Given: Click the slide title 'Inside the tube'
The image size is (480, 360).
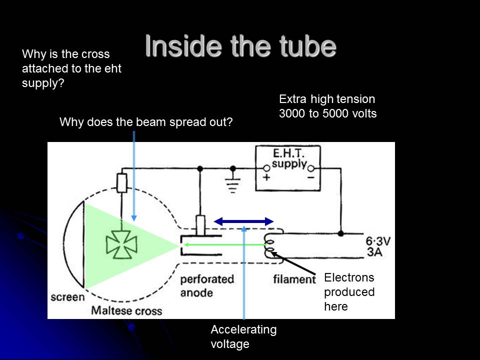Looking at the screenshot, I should point(240,46).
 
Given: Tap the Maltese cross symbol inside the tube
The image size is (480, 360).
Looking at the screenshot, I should point(118,244).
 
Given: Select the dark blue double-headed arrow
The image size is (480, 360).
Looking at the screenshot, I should point(243,221).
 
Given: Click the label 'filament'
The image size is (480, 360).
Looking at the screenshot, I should point(294,278).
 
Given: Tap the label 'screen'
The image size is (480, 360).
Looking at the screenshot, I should point(67,297).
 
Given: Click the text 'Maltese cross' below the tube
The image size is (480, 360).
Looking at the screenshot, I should point(126,310).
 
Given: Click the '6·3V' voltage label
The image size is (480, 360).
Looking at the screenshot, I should point(378,241).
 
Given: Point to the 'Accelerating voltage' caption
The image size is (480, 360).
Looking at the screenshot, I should point(243,336).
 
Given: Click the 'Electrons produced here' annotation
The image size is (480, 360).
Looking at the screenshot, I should point(349,291).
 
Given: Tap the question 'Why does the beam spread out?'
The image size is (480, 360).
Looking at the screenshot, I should point(146,122).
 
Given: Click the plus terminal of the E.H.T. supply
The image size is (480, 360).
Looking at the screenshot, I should point(266,169).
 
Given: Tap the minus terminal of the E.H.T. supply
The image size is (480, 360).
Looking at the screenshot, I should point(310,169).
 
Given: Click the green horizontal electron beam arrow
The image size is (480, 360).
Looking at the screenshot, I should point(223,244).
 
